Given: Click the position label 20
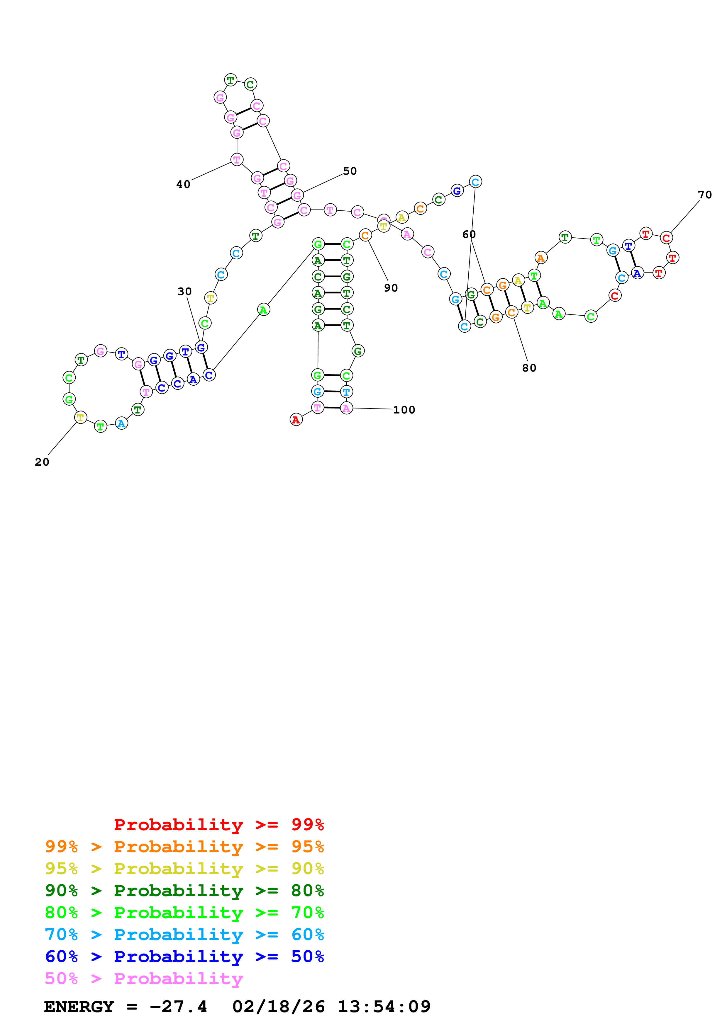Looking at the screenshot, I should tap(42, 462).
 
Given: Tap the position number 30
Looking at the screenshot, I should tap(184, 292).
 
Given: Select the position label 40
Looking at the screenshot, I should tap(183, 184).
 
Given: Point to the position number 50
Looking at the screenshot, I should tap(350, 171).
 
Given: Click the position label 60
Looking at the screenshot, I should tap(469, 234).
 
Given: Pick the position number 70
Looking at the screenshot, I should tap(705, 195).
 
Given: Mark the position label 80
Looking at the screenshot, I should tap(529, 368).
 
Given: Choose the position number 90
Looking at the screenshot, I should tap(391, 288).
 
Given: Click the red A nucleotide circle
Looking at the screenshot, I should tap(296, 420).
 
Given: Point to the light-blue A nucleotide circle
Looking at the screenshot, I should tap(121, 423).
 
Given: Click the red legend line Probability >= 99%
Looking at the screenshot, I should tap(218, 824).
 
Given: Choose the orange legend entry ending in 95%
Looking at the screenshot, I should tap(184, 847).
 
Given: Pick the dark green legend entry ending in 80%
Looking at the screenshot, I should tap(184, 891).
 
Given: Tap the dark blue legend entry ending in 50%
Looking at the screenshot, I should tap(184, 956).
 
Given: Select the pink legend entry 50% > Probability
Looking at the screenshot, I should tap(144, 978).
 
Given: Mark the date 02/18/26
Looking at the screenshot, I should tap(279, 1007).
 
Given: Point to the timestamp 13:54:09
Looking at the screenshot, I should tap(384, 1007).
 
